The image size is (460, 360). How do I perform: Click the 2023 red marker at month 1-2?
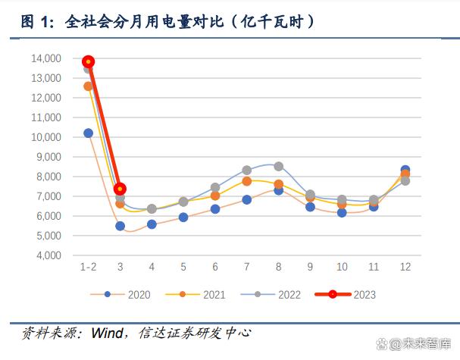(x=88, y=61)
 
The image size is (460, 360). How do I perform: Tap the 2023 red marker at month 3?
(x=120, y=189)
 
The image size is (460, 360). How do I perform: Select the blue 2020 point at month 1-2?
(x=88, y=133)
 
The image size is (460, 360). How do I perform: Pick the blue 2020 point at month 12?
(x=405, y=171)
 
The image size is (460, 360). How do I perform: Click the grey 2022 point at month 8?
(x=278, y=166)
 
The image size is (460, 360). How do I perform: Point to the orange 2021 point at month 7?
(x=246, y=182)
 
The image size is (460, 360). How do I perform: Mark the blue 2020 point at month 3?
(x=120, y=226)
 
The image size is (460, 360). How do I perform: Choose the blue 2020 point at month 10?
(x=342, y=213)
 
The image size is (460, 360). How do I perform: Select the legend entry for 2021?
(x=202, y=294)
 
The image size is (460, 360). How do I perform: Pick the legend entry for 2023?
(x=354, y=294)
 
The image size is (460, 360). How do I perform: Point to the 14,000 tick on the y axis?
(x=46, y=58)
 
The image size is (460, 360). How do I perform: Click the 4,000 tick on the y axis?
(x=49, y=255)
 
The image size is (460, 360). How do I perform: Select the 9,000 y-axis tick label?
(x=49, y=157)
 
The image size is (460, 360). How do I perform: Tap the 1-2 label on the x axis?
(x=88, y=268)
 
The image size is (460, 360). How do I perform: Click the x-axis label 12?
(x=405, y=268)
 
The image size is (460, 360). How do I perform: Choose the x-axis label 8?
(x=278, y=268)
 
